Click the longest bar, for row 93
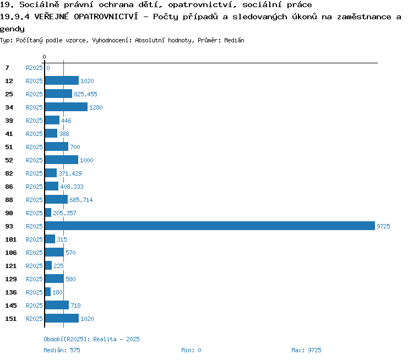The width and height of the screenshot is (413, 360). click(210, 226)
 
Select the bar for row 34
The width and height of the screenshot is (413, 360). click(66, 107)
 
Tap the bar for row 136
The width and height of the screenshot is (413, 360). click(48, 292)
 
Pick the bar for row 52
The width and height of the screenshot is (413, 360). click(62, 160)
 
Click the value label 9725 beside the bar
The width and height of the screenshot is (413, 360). click(383, 226)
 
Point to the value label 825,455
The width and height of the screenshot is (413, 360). click(85, 94)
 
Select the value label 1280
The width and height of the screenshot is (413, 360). click(96, 107)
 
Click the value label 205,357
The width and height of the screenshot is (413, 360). click(64, 213)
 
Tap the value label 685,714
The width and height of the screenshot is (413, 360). click(81, 200)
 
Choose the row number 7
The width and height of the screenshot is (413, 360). click(7, 68)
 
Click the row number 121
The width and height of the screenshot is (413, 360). click(11, 266)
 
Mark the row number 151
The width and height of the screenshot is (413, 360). click(11, 319)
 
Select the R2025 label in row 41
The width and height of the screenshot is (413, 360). click(34, 134)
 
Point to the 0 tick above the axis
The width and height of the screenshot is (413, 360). click(44, 57)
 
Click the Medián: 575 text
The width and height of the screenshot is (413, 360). click(62, 350)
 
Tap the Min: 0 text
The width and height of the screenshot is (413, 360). click(191, 350)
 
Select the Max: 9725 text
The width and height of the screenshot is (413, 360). click(306, 350)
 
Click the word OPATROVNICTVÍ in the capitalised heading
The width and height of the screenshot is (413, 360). click(106, 17)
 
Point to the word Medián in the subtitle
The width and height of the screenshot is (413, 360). click(234, 40)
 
